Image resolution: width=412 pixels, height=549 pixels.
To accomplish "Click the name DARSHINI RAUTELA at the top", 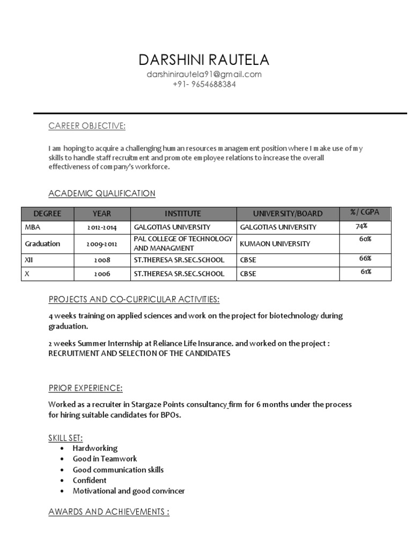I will coord(204,60).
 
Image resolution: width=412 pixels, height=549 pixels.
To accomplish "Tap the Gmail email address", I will coord(204,75).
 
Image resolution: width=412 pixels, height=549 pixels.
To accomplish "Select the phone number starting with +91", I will coord(204,85).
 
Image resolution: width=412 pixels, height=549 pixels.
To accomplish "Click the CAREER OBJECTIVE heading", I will coord(87,126).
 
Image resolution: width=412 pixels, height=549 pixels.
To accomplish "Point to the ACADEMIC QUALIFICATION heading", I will coord(102,194).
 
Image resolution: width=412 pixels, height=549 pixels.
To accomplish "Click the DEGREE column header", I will coord(47,213).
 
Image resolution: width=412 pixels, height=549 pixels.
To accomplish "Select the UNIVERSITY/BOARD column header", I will coord(288,213).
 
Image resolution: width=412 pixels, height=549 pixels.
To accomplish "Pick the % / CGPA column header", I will coord(365,212).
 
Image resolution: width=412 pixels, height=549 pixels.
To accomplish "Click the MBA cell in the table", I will coord(33,227).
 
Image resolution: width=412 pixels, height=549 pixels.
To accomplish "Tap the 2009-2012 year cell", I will coord(102,244).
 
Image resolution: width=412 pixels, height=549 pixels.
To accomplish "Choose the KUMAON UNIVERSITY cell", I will coord(275,244).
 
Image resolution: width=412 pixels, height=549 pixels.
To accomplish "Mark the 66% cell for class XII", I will coord(365,258).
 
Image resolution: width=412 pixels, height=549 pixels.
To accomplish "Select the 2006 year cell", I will coord(102,274).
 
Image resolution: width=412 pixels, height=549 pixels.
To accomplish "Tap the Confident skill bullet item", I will coord(90,480).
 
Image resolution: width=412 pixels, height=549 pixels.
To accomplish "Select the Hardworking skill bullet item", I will coord(95,448).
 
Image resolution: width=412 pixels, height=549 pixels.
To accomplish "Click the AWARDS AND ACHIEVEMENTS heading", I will coord(109,512).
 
